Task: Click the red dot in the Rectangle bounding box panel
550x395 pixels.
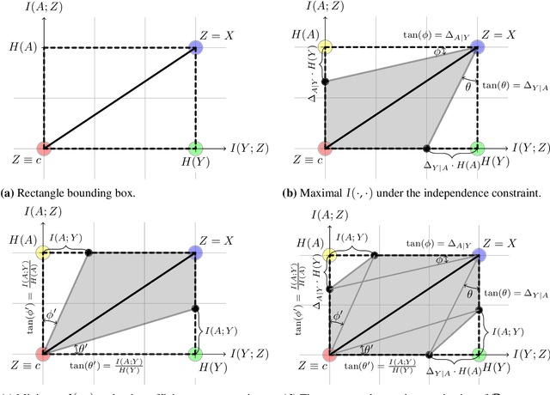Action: [x=45, y=148]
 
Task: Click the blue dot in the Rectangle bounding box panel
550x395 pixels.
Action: [x=196, y=47]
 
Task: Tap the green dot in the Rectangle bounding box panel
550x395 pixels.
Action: [x=196, y=148]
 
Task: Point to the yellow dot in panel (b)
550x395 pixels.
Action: [x=325, y=47]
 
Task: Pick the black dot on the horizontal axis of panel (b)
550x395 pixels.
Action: [x=428, y=148]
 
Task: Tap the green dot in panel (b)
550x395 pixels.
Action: [x=476, y=148]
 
